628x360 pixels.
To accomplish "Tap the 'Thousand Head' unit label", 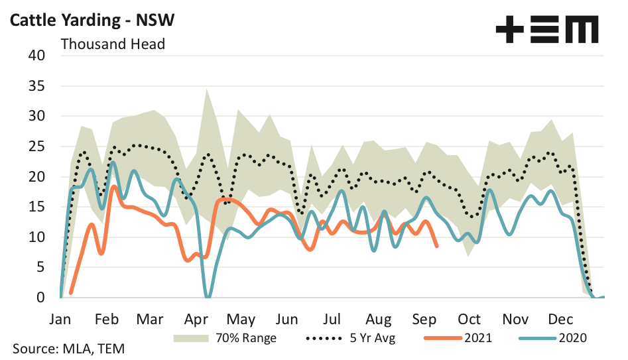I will click(x=113, y=44).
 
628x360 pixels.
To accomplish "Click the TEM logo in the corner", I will click(x=546, y=30).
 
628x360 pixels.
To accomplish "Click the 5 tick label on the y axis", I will click(x=40, y=267).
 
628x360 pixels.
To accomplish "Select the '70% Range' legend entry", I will click(x=225, y=337).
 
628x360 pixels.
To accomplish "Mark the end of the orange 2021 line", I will click(x=436, y=246).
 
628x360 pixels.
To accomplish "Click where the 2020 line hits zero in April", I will click(x=208, y=296).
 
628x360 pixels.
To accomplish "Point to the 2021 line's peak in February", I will click(x=114, y=186).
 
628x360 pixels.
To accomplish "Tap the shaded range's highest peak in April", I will click(x=208, y=89).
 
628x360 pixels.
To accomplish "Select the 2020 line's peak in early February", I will click(x=113, y=162).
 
